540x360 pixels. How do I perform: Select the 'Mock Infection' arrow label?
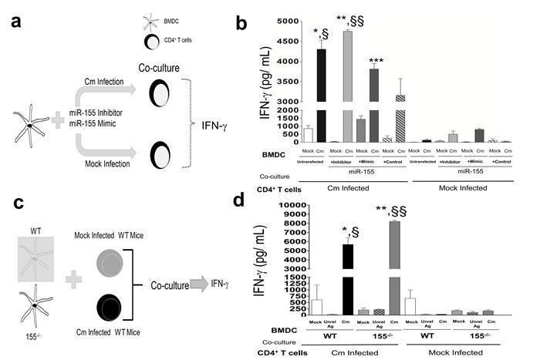106,163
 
